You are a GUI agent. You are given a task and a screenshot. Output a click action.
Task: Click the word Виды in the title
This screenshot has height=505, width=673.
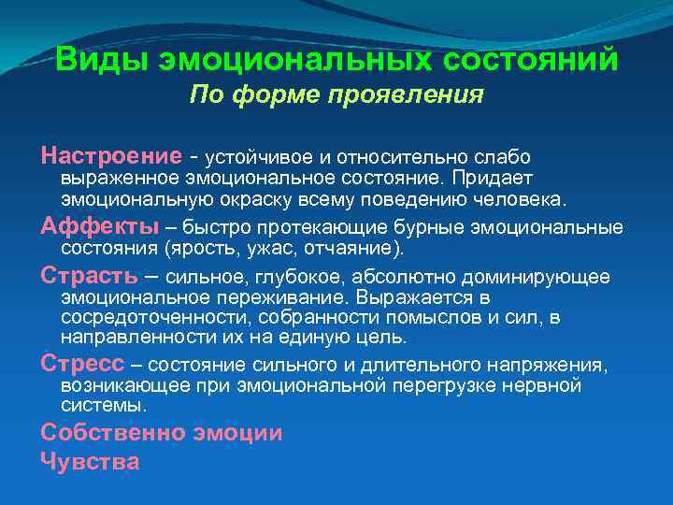click(102, 60)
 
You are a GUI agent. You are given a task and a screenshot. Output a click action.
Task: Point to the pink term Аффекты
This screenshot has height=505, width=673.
click(99, 226)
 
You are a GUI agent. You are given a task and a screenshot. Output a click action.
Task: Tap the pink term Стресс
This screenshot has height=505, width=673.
click(82, 363)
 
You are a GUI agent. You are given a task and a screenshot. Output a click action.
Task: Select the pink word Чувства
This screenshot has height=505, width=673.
click(90, 460)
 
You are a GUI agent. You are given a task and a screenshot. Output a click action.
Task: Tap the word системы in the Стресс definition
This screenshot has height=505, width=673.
click(102, 406)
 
